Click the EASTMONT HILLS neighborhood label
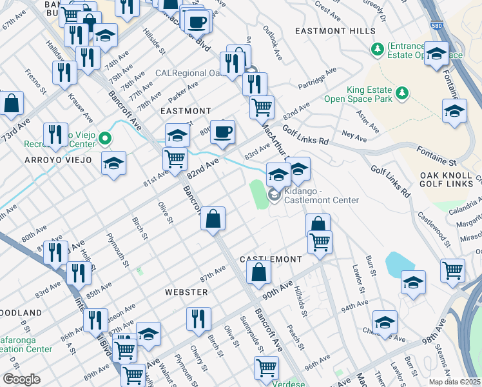[334, 31]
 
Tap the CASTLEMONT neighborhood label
[271, 259]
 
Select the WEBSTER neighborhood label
[186, 292]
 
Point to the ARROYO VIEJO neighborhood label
[58, 159]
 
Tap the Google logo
[21, 379]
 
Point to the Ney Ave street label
[354, 135]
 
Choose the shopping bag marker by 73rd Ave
[11, 103]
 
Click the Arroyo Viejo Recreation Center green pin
[105, 138]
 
